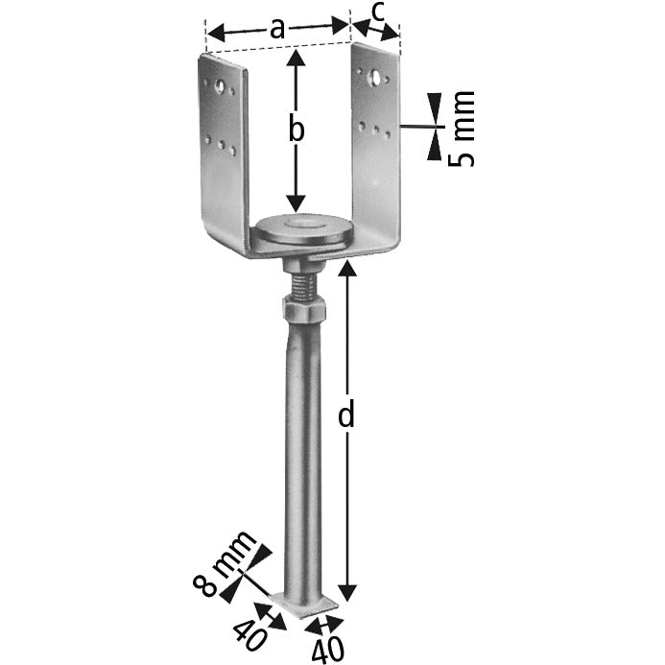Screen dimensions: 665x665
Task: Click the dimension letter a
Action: tap(277, 28)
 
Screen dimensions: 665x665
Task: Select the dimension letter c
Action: tap(377, 13)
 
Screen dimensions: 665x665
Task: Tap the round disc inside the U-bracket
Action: tap(304, 230)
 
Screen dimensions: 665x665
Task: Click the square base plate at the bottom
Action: tap(304, 604)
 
